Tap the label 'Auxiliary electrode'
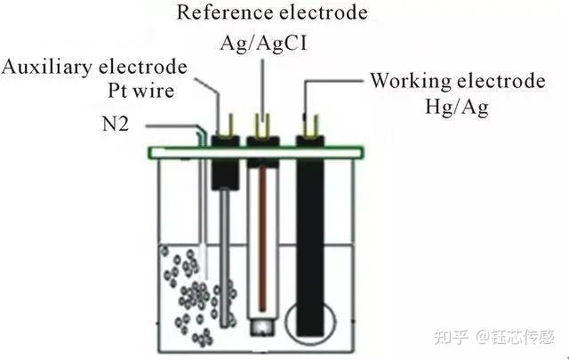(x=94, y=68)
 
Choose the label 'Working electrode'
(x=457, y=82)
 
